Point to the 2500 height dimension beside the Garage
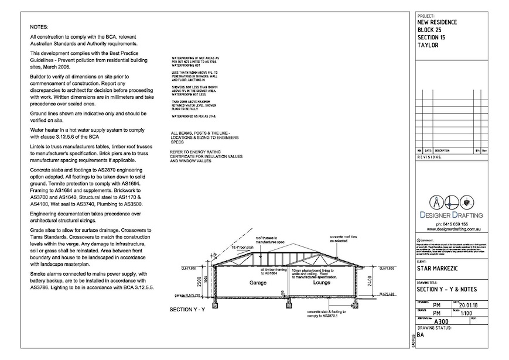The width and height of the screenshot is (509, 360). (200, 283)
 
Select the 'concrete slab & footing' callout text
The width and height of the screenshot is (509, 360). (325, 314)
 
